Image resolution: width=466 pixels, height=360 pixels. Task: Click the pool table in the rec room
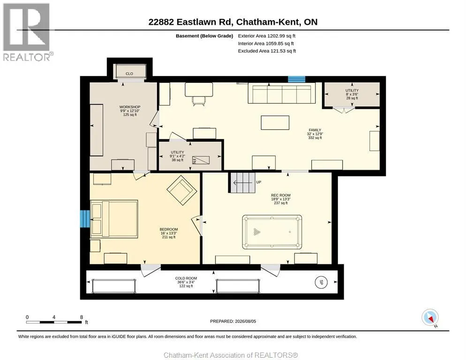[x=272, y=232]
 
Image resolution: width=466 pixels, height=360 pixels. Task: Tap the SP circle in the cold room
[x=321, y=282]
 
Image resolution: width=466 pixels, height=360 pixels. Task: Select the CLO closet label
[x=129, y=74]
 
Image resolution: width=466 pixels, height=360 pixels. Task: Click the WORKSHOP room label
[x=130, y=107]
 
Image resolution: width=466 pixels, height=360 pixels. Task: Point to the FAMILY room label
[x=315, y=130]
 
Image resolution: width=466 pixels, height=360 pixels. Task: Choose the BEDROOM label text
[x=169, y=229]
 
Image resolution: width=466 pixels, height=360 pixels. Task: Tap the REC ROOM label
[x=281, y=195]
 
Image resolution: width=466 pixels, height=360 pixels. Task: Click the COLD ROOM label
[x=186, y=278]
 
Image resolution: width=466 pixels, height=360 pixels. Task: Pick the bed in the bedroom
[x=114, y=218]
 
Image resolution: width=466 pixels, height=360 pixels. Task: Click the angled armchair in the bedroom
[x=182, y=190]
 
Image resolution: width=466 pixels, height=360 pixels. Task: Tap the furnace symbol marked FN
[x=201, y=160]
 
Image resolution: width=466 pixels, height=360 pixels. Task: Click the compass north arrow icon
[x=430, y=317]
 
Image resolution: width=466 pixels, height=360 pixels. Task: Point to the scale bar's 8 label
[x=82, y=317]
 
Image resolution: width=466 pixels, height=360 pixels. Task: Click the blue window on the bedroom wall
[x=85, y=219]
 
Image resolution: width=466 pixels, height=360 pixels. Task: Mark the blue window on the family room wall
[x=297, y=79]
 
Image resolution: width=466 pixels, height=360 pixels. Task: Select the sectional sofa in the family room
[x=282, y=94]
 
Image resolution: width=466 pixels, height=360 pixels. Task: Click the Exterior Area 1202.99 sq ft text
[x=267, y=36]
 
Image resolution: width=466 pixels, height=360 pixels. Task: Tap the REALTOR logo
[x=27, y=32]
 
